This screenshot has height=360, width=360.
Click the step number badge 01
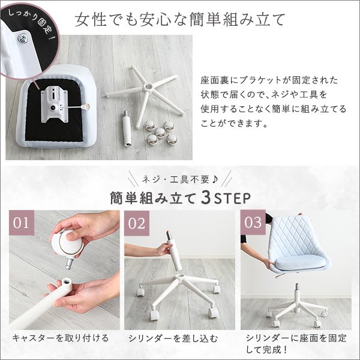[x=22, y=223]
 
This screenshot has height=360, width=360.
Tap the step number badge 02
[x=137, y=223]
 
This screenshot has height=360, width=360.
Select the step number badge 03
[x=253, y=222]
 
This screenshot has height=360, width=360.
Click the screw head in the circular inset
[x=23, y=38]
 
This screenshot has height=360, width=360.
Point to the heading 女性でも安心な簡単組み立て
[x=180, y=19]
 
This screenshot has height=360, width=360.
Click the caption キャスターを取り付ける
[x=61, y=338]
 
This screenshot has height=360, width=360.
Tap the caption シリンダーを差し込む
[x=173, y=338]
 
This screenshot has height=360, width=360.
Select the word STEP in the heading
[x=232, y=199]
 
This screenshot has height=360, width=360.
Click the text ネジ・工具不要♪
[x=180, y=179]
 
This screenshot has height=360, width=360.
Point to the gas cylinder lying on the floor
[x=127, y=128]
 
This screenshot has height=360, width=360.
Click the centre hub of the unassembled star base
[x=147, y=87]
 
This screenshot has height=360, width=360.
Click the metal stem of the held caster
[x=70, y=263]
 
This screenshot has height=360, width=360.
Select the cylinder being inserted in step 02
[x=173, y=251]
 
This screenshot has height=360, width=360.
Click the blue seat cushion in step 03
[x=301, y=263]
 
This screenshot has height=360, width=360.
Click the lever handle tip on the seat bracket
[x=86, y=106]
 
